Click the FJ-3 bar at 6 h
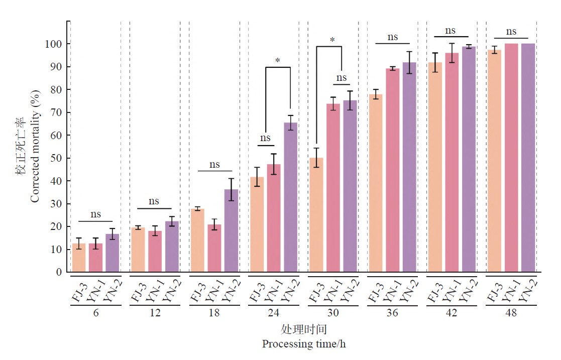pos(78,258)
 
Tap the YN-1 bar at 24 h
pos(274,218)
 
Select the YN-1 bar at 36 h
pos(392,171)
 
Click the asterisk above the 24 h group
pos(278,61)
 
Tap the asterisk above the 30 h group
pos(332,40)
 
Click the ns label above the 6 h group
pos(95,214)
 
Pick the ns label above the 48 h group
pos(511,31)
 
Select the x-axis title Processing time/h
pos(303,344)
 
